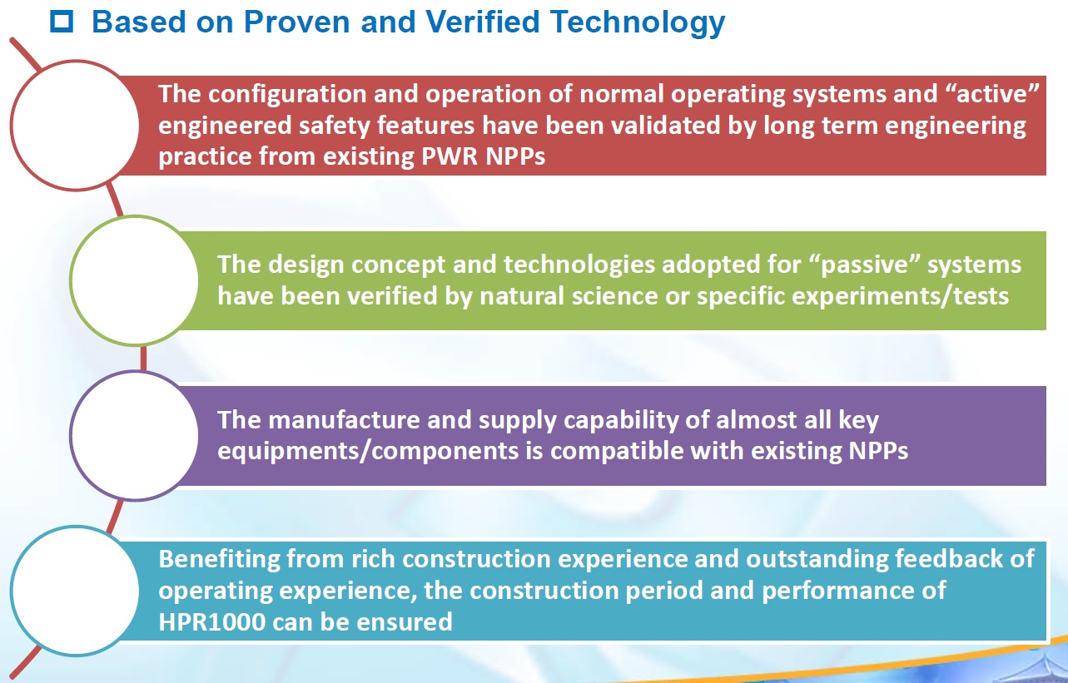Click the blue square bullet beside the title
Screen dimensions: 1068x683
click(x=62, y=22)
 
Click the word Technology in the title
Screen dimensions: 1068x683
click(x=637, y=22)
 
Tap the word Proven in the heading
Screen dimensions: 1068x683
click(x=296, y=22)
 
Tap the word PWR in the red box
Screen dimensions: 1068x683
click(x=450, y=156)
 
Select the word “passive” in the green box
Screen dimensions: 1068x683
click(x=864, y=265)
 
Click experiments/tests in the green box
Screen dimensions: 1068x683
click(x=852, y=296)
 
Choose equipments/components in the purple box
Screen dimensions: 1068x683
click(x=368, y=452)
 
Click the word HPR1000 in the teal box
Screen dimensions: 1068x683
click(x=211, y=622)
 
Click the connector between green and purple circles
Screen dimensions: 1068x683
click(x=143, y=359)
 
